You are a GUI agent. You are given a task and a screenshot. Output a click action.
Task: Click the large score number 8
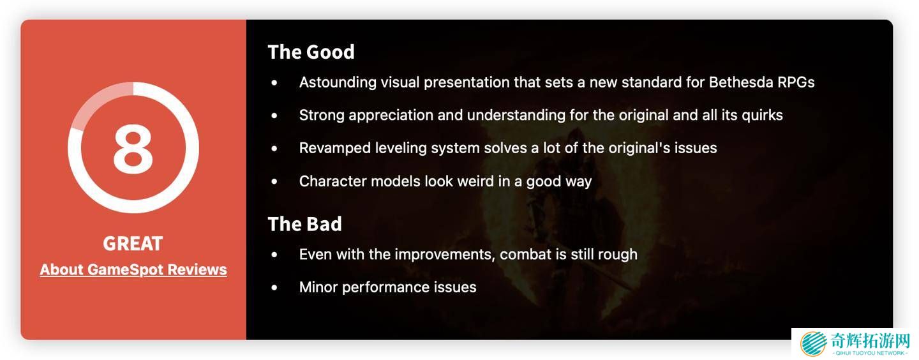(x=133, y=148)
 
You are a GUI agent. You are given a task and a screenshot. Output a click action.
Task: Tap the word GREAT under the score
(x=133, y=243)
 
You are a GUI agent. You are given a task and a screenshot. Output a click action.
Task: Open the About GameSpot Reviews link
(x=133, y=270)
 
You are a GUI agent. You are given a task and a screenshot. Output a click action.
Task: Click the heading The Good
(x=311, y=52)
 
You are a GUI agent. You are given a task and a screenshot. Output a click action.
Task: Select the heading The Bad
(x=305, y=224)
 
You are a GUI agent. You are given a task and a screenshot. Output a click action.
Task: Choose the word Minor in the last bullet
(x=318, y=287)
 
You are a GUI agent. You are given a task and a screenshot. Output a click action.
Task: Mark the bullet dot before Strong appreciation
(x=274, y=116)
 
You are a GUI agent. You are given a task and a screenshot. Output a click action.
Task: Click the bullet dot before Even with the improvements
(x=274, y=255)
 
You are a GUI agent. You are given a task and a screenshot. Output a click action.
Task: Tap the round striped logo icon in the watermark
(x=813, y=343)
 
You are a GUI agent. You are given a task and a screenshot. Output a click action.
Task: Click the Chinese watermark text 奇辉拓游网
(x=870, y=341)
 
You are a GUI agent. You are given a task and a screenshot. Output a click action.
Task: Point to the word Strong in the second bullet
(x=322, y=116)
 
